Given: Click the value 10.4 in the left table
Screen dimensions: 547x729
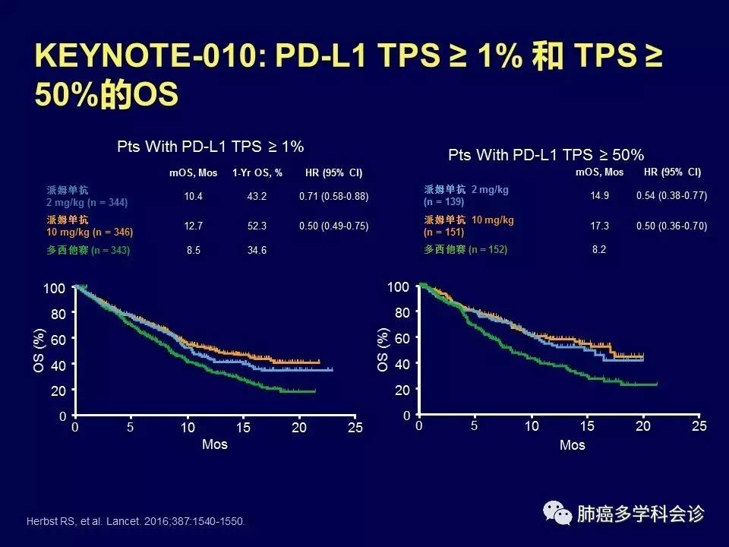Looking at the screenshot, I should [x=192, y=197].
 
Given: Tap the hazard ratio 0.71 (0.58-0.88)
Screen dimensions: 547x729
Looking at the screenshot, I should [x=333, y=197].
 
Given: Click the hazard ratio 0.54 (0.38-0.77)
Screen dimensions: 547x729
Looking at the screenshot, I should [x=671, y=195].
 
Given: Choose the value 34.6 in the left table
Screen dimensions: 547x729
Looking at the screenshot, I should [x=257, y=249].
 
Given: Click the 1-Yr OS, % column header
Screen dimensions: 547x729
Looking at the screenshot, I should [x=257, y=173].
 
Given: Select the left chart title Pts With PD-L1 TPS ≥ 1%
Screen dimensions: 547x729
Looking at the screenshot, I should [x=210, y=146].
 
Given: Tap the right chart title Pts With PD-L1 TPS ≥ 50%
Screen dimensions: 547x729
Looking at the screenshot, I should [x=546, y=155].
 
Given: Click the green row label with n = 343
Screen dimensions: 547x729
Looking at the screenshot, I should [x=88, y=250].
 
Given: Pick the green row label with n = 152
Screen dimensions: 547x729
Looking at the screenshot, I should [x=465, y=249].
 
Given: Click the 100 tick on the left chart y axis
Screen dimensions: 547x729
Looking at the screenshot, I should [x=55, y=288].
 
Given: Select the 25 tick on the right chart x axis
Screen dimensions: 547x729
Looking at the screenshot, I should [x=699, y=425].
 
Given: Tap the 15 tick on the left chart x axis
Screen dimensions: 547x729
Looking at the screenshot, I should [x=244, y=428].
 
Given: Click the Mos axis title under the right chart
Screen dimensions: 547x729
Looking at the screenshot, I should [x=572, y=444].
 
